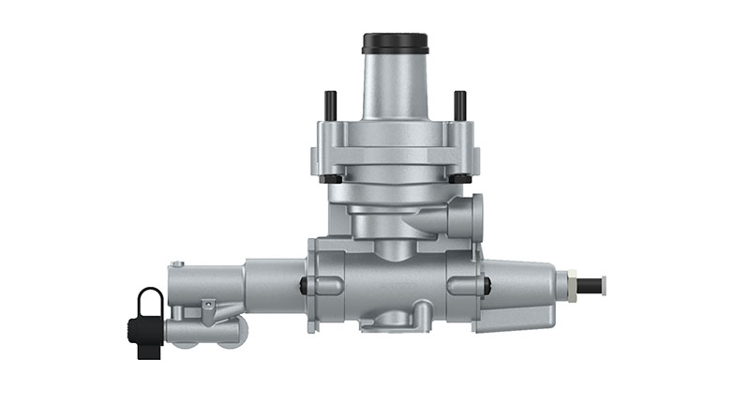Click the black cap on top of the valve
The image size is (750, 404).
tap(396, 43)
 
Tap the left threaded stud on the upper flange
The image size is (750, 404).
tap(330, 105)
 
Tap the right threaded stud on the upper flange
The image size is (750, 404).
tap(459, 105)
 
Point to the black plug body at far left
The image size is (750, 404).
tap(142, 336)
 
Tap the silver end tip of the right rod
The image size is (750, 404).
tap(602, 284)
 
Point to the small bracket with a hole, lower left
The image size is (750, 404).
tap(208, 308)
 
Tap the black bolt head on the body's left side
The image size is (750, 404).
tap(304, 286)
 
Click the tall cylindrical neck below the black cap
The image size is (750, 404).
tap(395, 89)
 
